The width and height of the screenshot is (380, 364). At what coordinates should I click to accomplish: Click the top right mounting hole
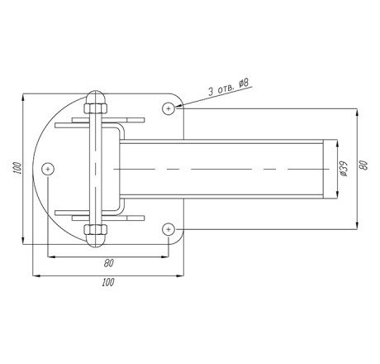169,108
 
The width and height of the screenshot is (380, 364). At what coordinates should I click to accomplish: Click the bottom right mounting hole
169,229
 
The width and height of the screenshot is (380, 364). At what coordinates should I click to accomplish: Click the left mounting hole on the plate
48,169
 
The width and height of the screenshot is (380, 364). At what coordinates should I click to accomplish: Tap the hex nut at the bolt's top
96,108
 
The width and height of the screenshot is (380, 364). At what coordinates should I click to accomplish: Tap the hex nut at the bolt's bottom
96,229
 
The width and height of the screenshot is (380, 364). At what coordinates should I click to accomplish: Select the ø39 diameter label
344,169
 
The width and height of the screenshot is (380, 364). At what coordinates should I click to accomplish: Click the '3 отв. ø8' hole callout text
228,87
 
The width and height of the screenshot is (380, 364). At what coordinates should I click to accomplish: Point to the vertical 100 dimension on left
17,168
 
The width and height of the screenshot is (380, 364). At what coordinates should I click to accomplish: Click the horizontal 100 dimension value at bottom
108,282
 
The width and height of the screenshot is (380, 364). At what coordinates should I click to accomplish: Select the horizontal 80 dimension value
108,263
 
